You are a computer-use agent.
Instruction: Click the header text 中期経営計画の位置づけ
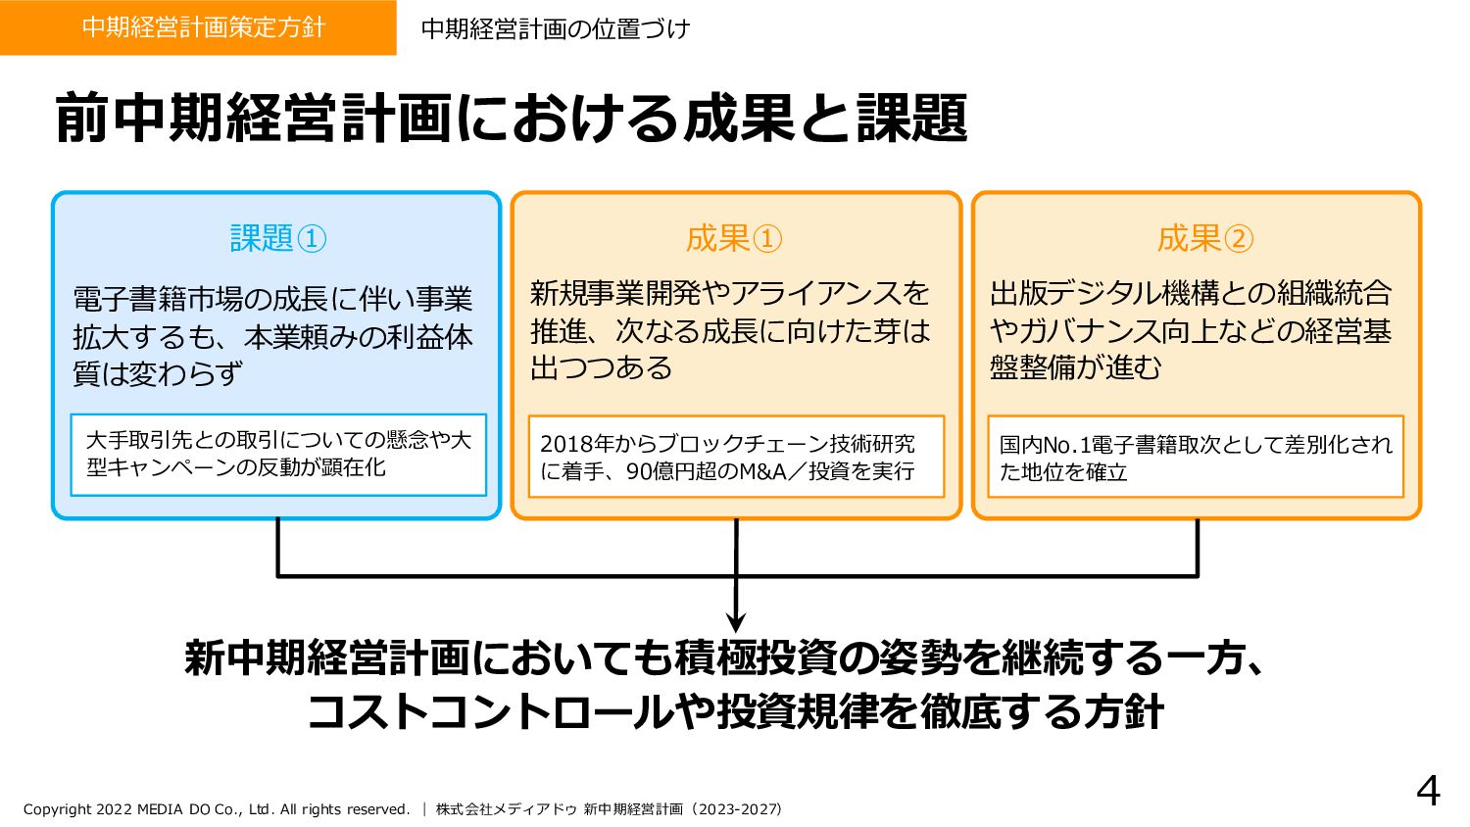[555, 29]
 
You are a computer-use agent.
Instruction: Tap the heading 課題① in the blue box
[277, 238]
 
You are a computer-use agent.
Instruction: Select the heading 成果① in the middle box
[734, 238]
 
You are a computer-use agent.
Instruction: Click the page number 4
[1428, 791]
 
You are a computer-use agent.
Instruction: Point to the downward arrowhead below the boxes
[736, 622]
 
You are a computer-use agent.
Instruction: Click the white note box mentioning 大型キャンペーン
[278, 455]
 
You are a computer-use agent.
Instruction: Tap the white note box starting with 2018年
[736, 457]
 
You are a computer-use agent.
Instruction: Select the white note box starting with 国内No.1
[1196, 457]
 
